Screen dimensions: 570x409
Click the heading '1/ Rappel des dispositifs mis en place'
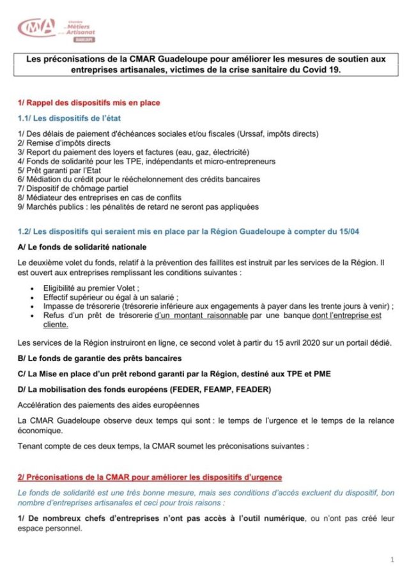point(89,103)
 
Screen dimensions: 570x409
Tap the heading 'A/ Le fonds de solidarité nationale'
point(82,247)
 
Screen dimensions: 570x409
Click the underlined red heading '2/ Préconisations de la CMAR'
point(150,477)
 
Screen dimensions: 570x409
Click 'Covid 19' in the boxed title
point(323,70)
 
